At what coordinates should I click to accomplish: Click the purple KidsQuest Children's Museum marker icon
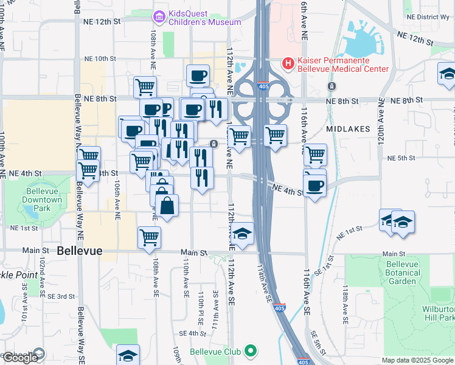(x=159, y=16)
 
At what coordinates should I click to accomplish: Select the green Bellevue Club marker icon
(x=250, y=351)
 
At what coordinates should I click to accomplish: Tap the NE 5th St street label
(x=401, y=158)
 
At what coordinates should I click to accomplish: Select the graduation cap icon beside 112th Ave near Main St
(x=242, y=235)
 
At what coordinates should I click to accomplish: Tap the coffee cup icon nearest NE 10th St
(x=198, y=76)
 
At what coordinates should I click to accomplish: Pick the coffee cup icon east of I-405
(x=314, y=186)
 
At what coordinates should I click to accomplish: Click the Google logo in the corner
(x=20, y=357)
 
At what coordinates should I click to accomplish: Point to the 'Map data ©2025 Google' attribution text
(x=417, y=360)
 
